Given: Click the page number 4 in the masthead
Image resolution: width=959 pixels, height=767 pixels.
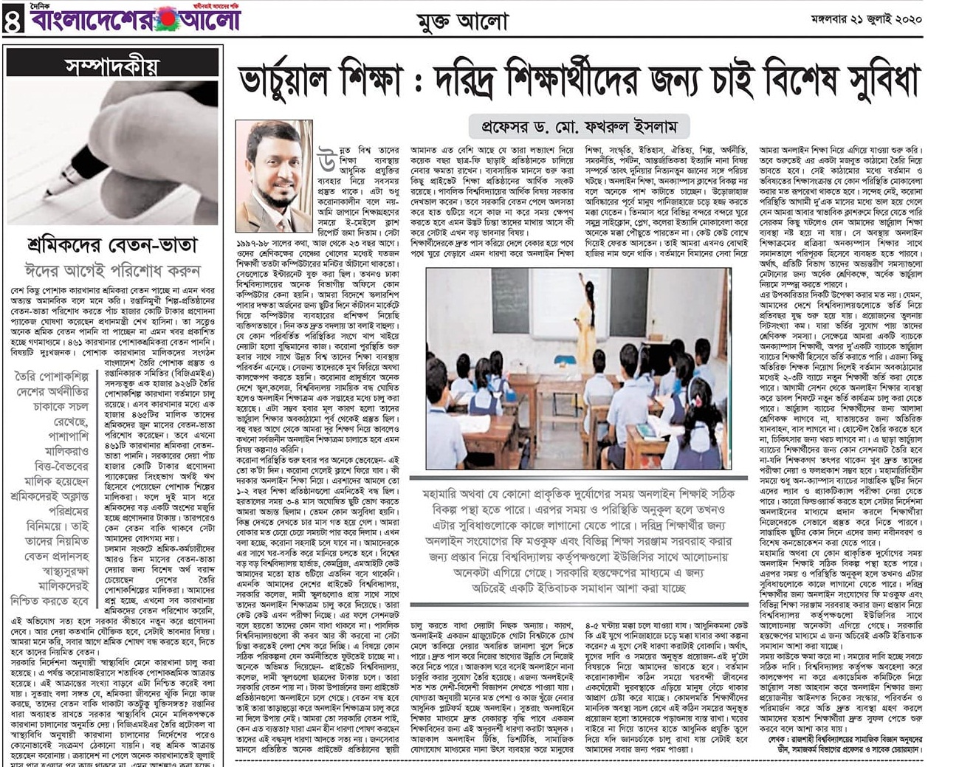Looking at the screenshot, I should click(x=13, y=20).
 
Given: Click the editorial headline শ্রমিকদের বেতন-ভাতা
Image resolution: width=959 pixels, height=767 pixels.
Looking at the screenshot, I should click(x=111, y=244).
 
